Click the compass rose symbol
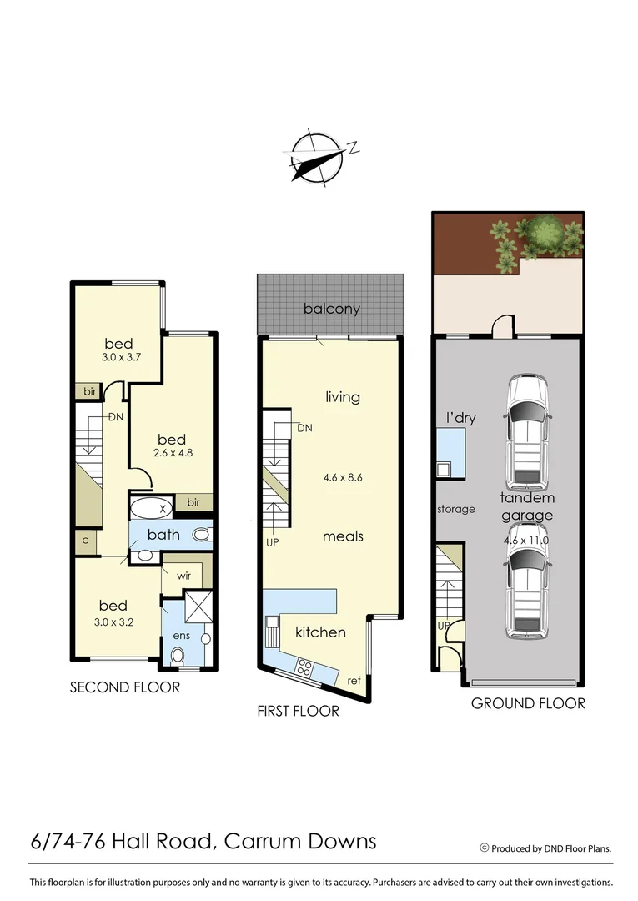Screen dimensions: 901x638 (x=318, y=156)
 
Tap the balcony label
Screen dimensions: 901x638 (x=332, y=309)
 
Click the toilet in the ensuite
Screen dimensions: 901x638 (x=177, y=657)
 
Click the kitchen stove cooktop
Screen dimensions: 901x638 (x=305, y=667)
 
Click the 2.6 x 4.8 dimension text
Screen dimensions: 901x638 (x=171, y=454)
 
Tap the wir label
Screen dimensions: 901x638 (x=183, y=575)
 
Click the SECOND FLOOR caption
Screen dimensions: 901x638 (x=124, y=687)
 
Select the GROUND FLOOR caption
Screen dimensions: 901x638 (x=528, y=703)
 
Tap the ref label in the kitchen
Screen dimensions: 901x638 (x=354, y=681)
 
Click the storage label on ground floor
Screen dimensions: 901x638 (x=456, y=509)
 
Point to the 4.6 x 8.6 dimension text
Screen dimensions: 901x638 (x=343, y=479)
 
